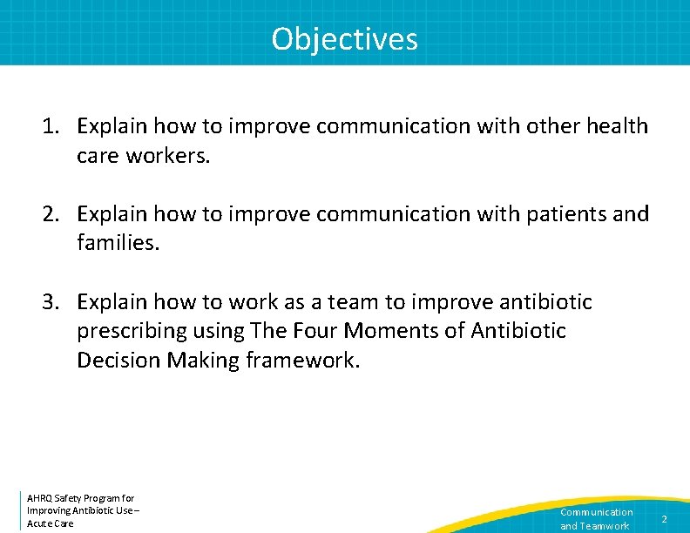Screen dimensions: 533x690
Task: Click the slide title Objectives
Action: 344,39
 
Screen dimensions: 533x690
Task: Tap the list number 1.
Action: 50,126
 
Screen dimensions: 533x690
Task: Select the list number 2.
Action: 50,214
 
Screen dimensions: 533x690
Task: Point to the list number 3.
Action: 50,302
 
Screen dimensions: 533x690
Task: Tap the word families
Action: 118,244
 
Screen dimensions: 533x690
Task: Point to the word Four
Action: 314,332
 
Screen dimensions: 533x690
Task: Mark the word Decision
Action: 114,361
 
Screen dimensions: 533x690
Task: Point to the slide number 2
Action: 664,519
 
